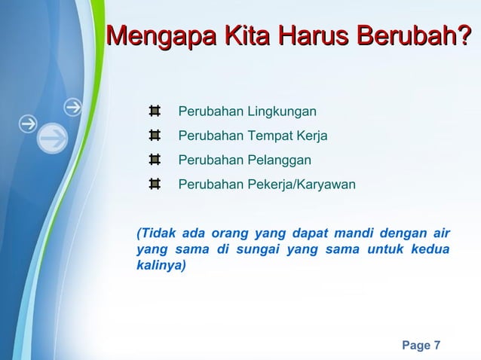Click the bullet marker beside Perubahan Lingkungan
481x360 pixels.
(x=154, y=112)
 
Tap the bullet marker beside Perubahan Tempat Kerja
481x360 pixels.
(x=154, y=136)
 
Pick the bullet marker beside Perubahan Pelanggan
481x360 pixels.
(x=154, y=160)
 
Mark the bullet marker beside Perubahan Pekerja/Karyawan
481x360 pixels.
(x=154, y=184)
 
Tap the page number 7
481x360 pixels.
(x=437, y=346)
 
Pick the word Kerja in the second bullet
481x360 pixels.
(x=313, y=136)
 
